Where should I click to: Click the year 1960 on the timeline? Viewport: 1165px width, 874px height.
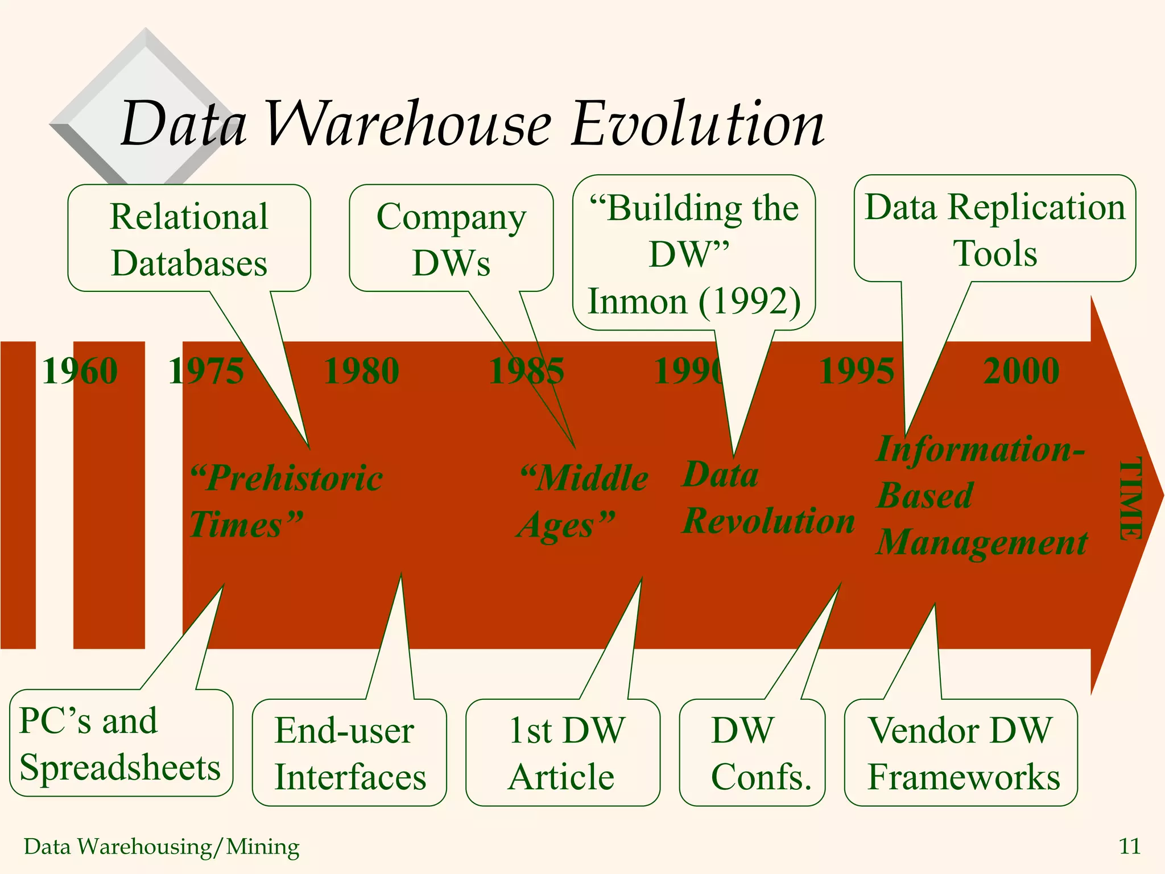(x=80, y=371)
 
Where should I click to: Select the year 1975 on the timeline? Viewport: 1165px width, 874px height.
(x=206, y=371)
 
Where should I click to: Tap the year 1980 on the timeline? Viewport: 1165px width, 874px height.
(x=362, y=371)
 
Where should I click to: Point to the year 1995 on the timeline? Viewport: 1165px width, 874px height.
(x=856, y=371)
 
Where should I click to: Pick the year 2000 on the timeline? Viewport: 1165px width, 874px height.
(x=1021, y=371)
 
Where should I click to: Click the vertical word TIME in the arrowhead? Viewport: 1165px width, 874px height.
(x=1130, y=499)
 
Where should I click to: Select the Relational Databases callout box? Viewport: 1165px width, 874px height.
(x=189, y=239)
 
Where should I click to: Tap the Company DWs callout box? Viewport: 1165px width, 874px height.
(x=451, y=239)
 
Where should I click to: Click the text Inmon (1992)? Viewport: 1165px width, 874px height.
(x=694, y=301)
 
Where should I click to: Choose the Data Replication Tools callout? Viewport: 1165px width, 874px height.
(x=995, y=229)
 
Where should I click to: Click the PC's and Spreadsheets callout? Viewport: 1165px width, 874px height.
(x=120, y=743)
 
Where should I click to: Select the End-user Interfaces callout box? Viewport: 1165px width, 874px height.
(x=349, y=753)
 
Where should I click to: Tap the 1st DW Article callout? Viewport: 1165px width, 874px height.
(x=563, y=753)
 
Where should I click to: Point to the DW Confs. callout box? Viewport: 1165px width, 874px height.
(x=752, y=753)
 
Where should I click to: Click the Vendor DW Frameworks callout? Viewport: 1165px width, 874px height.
(x=961, y=753)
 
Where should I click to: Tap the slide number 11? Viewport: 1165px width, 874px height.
(x=1129, y=846)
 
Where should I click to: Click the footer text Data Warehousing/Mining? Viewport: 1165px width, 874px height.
(x=162, y=847)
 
